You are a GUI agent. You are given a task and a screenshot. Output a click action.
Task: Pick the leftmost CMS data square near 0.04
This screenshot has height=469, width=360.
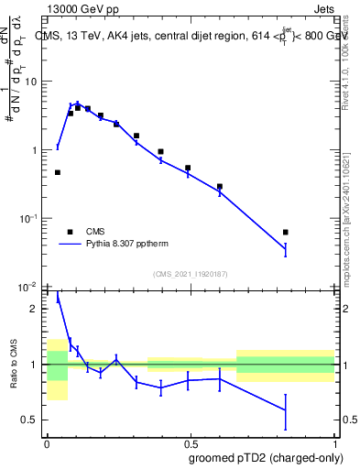58,172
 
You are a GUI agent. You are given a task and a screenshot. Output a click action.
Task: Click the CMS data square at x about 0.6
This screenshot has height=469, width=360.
220,186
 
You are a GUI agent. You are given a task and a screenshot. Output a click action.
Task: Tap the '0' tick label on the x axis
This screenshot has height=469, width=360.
47,442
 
